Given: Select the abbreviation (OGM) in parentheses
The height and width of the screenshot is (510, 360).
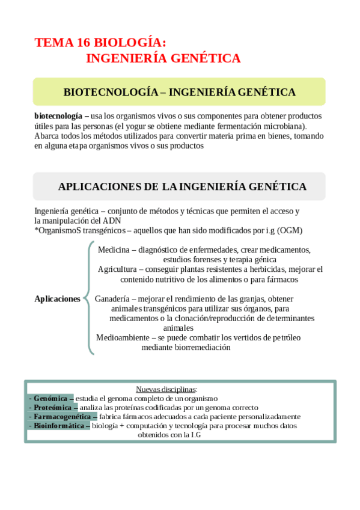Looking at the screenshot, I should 290,230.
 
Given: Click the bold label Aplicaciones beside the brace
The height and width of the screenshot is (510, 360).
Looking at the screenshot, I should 58,298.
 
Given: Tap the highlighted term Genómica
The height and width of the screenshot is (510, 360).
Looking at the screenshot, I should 50,398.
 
